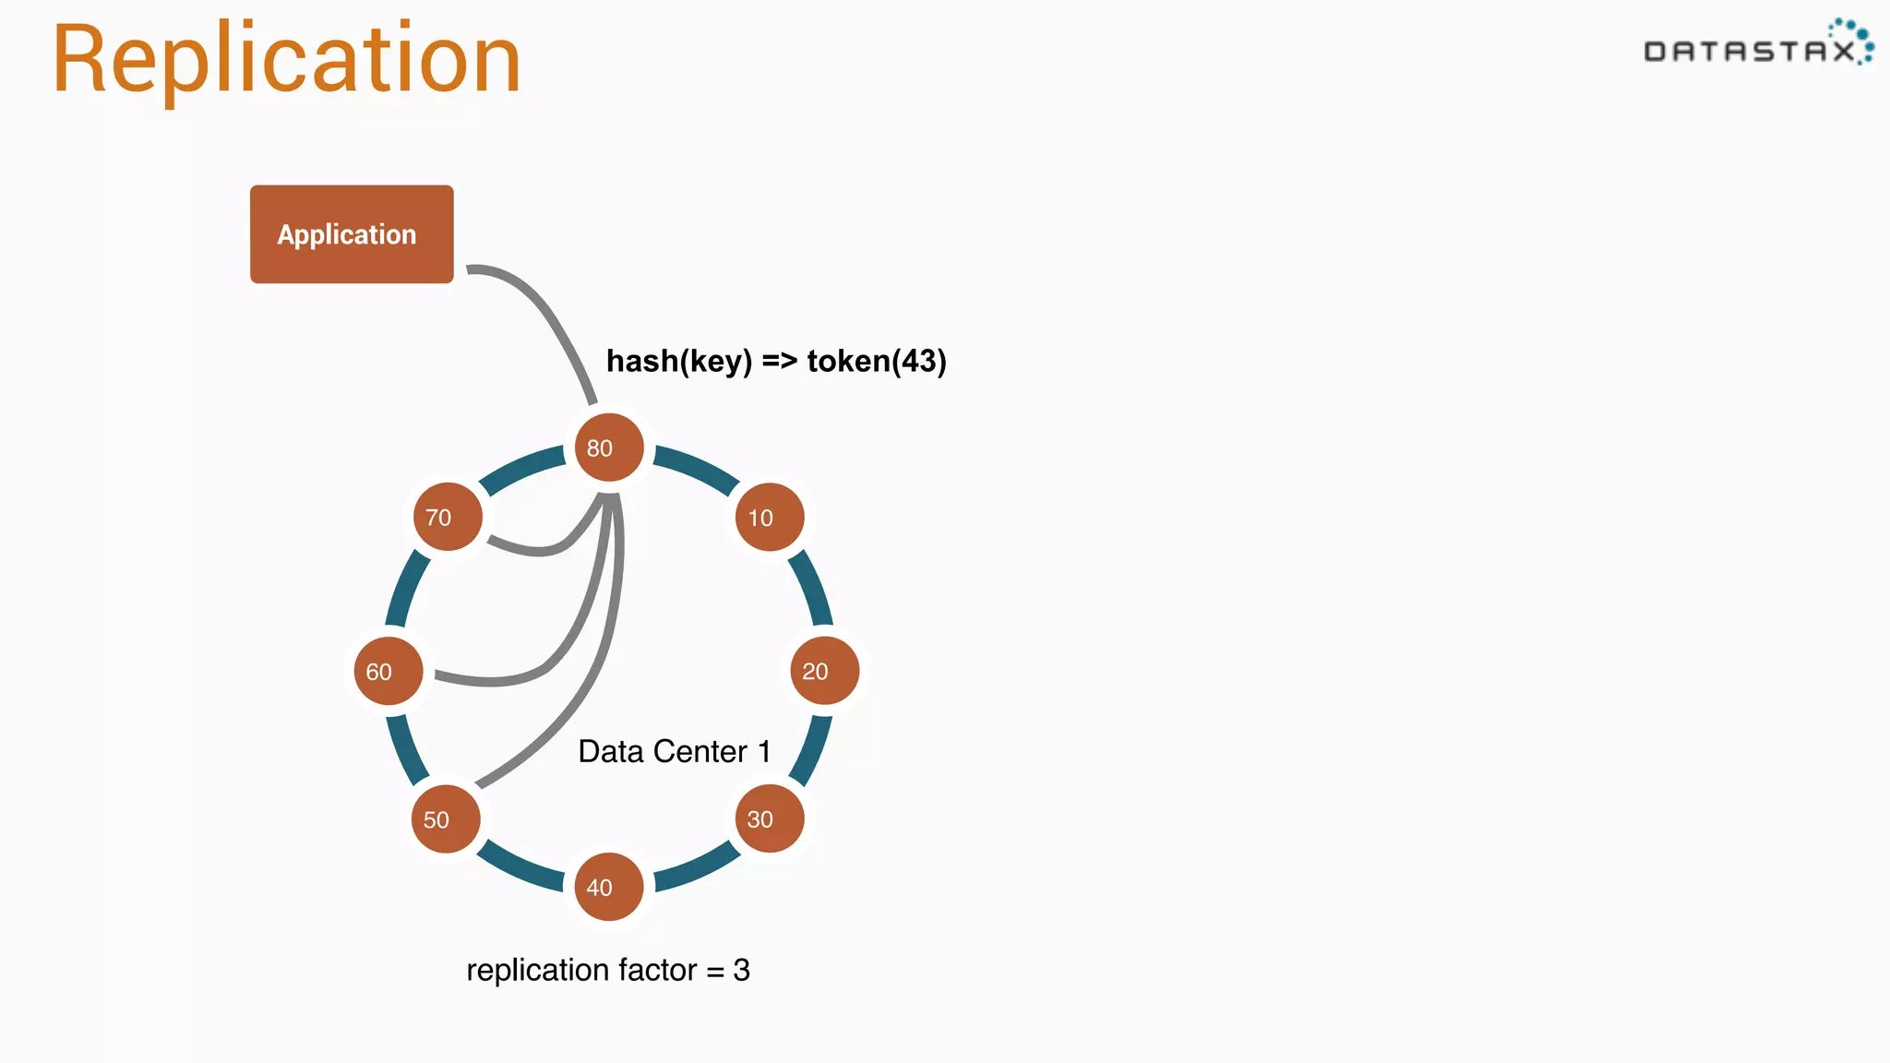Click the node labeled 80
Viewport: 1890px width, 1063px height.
(608, 448)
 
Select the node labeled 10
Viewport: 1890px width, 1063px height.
(769, 517)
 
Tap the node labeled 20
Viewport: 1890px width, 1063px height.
(824, 671)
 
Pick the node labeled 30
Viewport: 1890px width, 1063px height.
(769, 818)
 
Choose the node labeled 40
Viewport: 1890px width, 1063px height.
(608, 887)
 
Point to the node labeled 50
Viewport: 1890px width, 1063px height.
(446, 819)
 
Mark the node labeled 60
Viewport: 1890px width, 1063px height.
(389, 671)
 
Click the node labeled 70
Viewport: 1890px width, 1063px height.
(448, 517)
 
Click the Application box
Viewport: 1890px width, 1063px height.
(352, 234)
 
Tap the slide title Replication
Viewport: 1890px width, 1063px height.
(286, 59)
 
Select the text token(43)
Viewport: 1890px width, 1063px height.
(876, 361)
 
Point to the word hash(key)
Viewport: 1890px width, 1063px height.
(679, 361)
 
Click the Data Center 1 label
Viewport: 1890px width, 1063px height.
(674, 751)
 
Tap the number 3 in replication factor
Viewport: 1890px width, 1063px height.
(741, 970)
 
